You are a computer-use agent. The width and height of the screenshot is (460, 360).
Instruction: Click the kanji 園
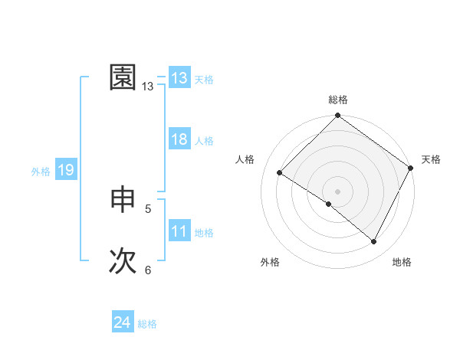coord(123,77)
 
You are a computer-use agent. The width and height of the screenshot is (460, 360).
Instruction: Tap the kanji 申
coord(123,200)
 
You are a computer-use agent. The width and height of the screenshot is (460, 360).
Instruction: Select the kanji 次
coord(123,260)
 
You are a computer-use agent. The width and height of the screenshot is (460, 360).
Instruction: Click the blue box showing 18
coord(179,139)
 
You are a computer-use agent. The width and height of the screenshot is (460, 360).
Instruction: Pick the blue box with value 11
coord(179,231)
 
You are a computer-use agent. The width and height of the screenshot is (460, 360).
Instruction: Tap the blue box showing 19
coord(66,170)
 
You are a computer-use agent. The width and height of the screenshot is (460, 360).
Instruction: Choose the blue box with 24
coord(123,322)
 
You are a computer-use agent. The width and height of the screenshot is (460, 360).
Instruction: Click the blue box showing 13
coord(179,78)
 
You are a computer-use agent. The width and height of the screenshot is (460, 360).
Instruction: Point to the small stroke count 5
coord(148,208)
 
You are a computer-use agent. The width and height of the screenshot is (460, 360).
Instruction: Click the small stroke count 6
coord(148,270)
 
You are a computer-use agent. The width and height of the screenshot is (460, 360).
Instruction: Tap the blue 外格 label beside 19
coord(41,172)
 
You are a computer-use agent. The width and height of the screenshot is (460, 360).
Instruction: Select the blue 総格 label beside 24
coord(147,324)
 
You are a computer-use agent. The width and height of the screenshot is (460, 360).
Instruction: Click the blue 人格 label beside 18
coord(204,141)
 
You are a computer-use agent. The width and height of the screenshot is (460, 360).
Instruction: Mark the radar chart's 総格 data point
coord(337,116)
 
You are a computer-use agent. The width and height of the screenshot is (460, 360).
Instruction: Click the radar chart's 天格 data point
coord(410,169)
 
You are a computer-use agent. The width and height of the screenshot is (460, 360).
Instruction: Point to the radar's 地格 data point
coord(374,242)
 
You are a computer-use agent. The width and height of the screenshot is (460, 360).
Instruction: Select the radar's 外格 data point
coord(329,204)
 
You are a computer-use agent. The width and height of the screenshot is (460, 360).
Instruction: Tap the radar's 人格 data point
coord(280,173)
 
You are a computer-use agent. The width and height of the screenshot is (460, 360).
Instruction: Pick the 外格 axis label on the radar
coord(270,262)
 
